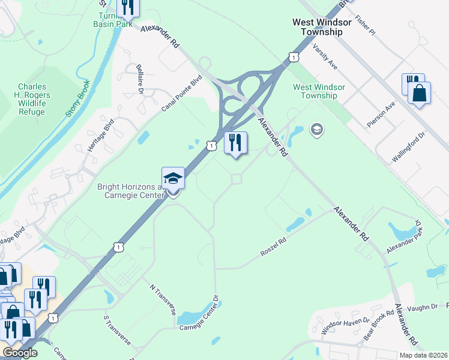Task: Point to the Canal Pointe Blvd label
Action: coord(181,93)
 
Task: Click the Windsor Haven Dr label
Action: coord(343,326)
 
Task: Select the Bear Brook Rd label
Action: coord(381,320)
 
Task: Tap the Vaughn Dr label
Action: coord(426,307)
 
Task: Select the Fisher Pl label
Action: coord(365,25)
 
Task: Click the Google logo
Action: coord(20,353)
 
